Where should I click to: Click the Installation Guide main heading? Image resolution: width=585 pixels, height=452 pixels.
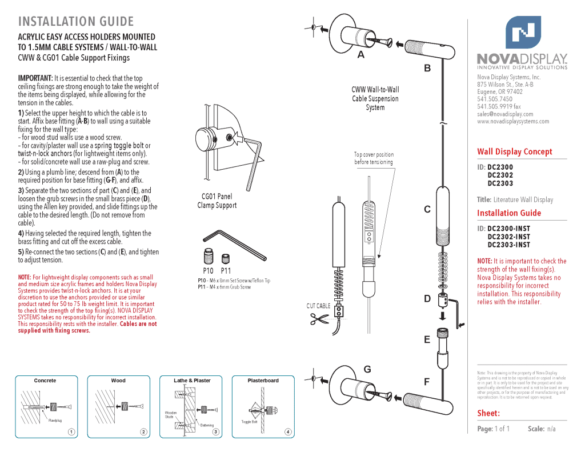click(x=76, y=22)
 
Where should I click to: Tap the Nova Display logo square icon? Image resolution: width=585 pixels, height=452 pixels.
click(x=523, y=33)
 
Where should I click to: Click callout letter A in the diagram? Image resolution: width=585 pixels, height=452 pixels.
click(x=360, y=55)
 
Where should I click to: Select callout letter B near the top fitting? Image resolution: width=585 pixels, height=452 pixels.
click(x=427, y=68)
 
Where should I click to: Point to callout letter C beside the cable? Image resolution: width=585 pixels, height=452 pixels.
click(x=427, y=210)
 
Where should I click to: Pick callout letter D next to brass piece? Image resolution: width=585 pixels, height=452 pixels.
click(x=427, y=298)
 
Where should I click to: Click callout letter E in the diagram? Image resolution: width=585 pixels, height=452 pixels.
click(x=427, y=339)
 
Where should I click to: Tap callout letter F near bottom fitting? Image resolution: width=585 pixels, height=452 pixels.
click(x=427, y=382)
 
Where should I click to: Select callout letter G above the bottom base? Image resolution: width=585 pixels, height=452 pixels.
click(x=367, y=369)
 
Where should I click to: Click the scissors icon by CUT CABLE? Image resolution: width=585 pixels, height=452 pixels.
click(x=318, y=319)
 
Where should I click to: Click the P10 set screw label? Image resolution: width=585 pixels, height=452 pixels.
click(x=208, y=271)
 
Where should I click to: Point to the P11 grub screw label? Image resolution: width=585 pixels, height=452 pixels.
click(x=226, y=271)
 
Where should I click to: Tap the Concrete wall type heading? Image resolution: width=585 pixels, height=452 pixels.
click(x=45, y=381)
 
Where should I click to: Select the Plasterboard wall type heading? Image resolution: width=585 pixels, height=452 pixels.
click(x=263, y=381)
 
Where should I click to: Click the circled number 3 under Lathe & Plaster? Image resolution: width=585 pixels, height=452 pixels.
click(x=216, y=431)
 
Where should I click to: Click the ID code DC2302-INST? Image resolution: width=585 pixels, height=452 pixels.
click(x=508, y=237)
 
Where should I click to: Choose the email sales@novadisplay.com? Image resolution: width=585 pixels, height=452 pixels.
click(x=504, y=114)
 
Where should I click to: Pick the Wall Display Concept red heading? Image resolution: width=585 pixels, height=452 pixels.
click(x=515, y=151)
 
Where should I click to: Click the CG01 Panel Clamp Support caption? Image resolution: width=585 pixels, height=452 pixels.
click(x=217, y=201)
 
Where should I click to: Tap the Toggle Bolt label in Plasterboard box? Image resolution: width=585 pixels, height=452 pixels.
click(x=249, y=422)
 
